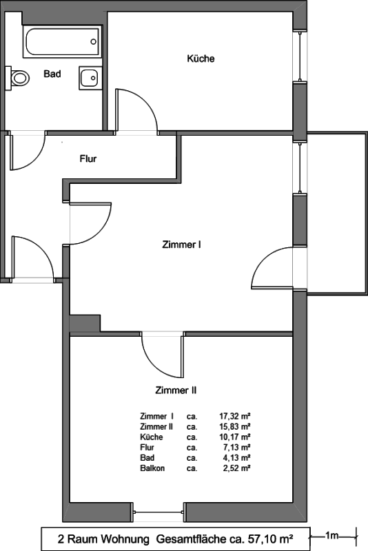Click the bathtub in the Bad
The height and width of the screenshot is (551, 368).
tap(61, 41)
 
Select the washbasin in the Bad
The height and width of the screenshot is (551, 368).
tap(90, 78)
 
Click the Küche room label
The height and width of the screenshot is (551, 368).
tap(201, 59)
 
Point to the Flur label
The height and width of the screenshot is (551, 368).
tap(88, 159)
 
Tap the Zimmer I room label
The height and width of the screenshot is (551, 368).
tap(181, 245)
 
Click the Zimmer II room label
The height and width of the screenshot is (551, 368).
tap(176, 391)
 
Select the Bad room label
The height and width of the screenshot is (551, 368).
tap(52, 74)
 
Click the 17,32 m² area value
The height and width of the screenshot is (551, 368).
tap(235, 417)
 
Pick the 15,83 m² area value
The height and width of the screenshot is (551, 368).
tap(235, 427)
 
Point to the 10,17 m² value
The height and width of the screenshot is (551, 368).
tap(235, 437)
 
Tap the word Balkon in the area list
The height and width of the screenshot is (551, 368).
tap(152, 468)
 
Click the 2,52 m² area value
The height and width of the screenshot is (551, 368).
tap(236, 468)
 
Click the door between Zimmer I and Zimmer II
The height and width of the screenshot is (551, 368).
tap(163, 355)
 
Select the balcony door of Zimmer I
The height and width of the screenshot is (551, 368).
tap(273, 268)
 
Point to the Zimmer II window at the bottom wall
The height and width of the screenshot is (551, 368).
tap(160, 512)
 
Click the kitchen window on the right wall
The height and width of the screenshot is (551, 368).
tap(300, 56)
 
